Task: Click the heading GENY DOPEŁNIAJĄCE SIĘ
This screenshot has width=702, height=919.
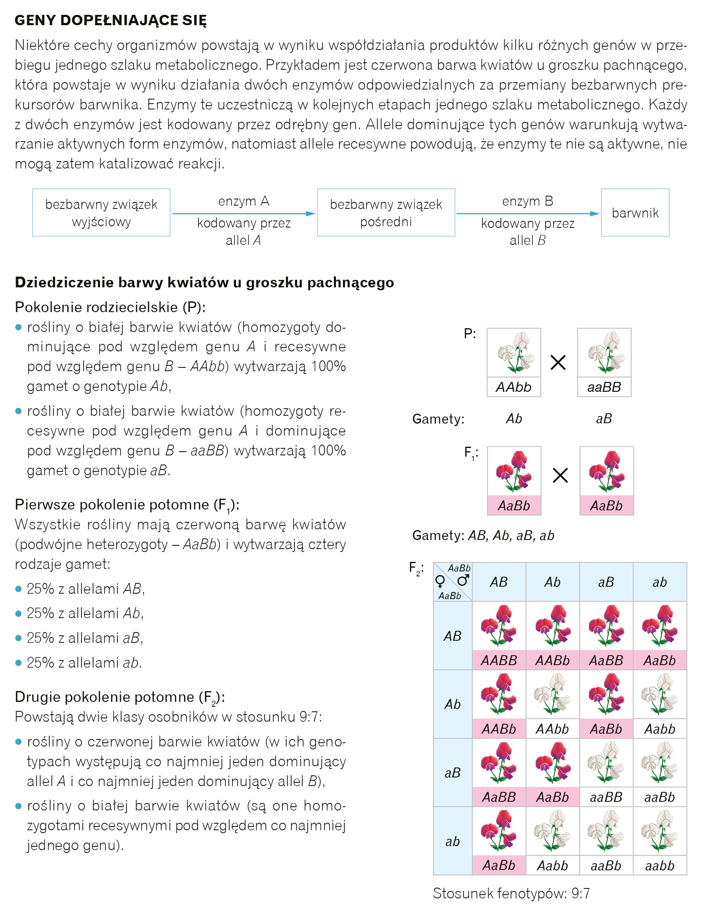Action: coord(111,20)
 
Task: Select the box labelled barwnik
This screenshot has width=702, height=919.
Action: coord(635,213)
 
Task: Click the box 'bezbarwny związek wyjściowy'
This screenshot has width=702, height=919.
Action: coord(101,213)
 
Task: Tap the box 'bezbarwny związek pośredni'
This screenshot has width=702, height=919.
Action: coord(386,213)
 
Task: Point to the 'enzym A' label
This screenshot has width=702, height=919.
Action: coord(243,201)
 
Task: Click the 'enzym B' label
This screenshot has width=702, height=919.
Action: coord(527,201)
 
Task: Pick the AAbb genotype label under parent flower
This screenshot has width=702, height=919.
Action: coord(513,387)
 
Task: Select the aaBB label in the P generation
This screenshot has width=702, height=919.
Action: coord(604,387)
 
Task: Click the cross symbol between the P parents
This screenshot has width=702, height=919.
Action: coord(558,362)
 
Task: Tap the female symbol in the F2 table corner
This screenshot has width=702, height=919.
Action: coord(440,581)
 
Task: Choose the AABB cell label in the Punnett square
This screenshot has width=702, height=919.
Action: coord(499,660)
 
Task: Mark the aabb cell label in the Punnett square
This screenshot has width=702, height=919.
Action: coord(659,865)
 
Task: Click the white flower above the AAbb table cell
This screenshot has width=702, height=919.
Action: coord(552,694)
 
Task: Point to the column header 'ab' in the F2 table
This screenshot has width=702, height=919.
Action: coord(659,582)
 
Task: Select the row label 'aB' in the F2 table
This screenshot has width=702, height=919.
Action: coord(453,773)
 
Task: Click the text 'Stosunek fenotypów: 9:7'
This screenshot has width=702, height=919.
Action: coord(511,893)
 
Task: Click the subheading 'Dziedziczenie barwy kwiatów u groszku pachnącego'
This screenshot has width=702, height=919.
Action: coord(204,282)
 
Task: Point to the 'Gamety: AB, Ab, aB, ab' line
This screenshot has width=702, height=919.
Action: coord(483,535)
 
